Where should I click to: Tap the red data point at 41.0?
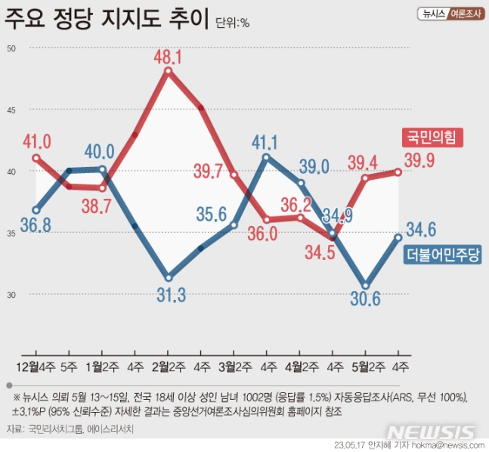click(x=36, y=158)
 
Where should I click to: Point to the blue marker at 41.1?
click(x=267, y=157)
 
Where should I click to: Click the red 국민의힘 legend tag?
click(x=430, y=138)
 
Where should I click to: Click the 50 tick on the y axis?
click(x=11, y=48)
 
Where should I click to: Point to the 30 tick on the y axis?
click(x=11, y=294)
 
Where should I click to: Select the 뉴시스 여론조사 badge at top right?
click(x=450, y=14)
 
